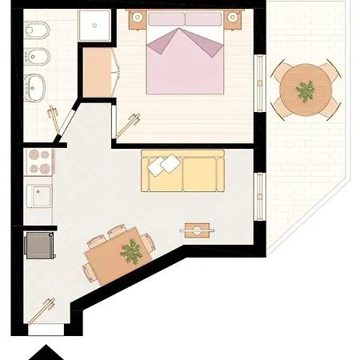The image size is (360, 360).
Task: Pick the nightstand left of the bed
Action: [x=134, y=18]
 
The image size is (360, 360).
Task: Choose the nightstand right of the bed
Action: [x=234, y=18]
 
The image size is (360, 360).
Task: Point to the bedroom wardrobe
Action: [x=100, y=70]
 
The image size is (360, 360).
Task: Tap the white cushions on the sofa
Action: [x=163, y=166]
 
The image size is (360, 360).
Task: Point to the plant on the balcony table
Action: [x=305, y=90]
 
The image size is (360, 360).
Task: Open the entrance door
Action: [x=46, y=308]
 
